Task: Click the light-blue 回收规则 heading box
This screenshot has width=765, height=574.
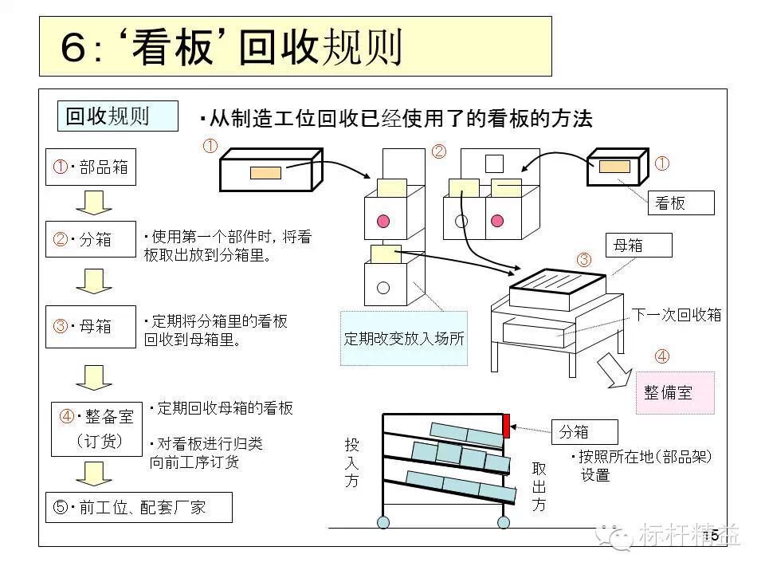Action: pyautogui.click(x=117, y=116)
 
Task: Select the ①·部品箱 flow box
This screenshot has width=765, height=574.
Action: pyautogui.click(x=91, y=167)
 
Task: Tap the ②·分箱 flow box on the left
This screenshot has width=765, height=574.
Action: pyautogui.click(x=91, y=239)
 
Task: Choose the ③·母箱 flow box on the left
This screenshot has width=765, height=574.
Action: pyautogui.click(x=91, y=326)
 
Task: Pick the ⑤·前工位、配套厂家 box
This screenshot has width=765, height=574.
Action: pyautogui.click(x=139, y=507)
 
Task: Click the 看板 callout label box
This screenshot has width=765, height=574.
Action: pyautogui.click(x=680, y=203)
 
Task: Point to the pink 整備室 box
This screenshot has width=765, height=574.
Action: pyautogui.click(x=674, y=392)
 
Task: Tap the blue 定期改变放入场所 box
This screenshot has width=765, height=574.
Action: pyautogui.click(x=404, y=337)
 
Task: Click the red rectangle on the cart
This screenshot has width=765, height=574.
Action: pyautogui.click(x=506, y=426)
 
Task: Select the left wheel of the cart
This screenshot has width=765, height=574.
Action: pyautogui.click(x=383, y=522)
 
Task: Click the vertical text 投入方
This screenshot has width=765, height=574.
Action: pyautogui.click(x=351, y=462)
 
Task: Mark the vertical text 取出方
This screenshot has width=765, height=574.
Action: pyautogui.click(x=539, y=486)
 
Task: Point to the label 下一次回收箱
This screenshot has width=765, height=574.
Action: pyautogui.click(x=677, y=315)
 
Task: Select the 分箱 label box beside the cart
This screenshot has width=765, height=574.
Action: pyautogui.click(x=584, y=431)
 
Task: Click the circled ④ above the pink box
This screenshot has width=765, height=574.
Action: pyautogui.click(x=661, y=356)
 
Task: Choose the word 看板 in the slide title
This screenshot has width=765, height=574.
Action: pyautogui.click(x=169, y=48)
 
